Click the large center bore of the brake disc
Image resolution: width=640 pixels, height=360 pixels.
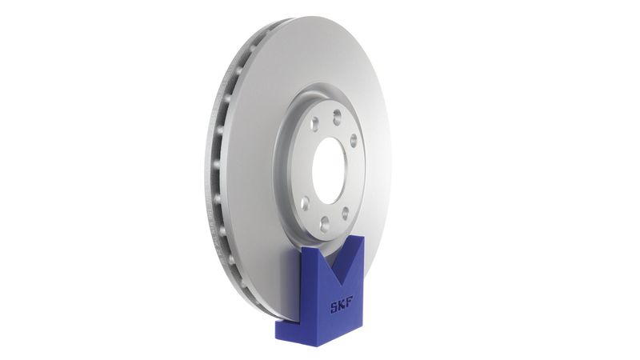[x=329, y=170]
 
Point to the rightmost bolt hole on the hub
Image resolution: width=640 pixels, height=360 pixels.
[x=353, y=141]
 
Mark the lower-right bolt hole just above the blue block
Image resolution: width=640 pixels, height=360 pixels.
[x=346, y=213]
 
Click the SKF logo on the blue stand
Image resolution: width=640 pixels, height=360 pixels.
[x=342, y=306]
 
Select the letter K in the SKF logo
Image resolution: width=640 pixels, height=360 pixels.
[x=342, y=306]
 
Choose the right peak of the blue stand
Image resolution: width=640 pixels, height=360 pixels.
[x=356, y=239]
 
